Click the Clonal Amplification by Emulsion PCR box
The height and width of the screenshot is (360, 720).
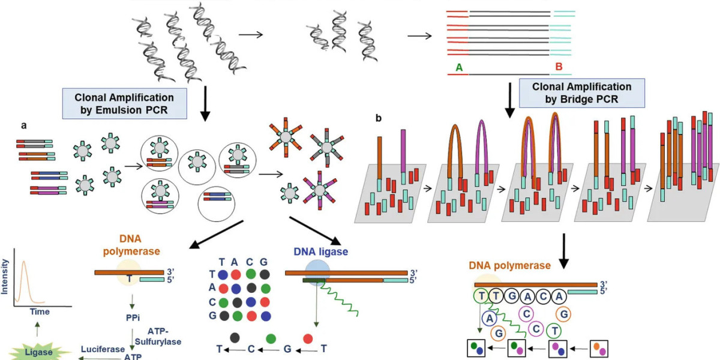pos(124,103)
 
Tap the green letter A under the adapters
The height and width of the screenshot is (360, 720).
pos(459,68)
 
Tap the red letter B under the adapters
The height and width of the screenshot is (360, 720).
pos(560,68)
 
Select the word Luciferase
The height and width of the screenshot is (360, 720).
pos(100,349)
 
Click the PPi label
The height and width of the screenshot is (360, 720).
pos(131,312)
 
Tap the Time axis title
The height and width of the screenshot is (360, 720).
pos(40,312)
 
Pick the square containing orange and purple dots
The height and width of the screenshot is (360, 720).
pos(599,347)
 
